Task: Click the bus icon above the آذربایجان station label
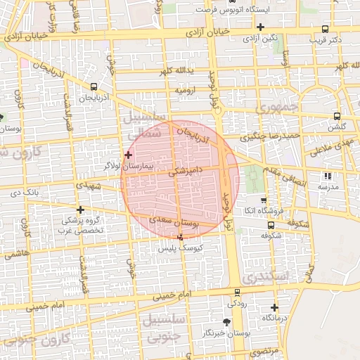pyautogui.click(x=94, y=86)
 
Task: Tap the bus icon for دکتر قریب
pyautogui.click(x=324, y=29)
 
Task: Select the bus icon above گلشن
pyautogui.click(x=337, y=116)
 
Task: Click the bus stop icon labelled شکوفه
pyautogui.click(x=271, y=226)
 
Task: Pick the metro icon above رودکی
pyautogui.click(x=236, y=292)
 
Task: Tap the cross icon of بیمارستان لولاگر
pyautogui.click(x=128, y=154)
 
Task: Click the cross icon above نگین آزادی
pyautogui.click(x=260, y=27)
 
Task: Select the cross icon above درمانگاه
pyautogui.click(x=274, y=307)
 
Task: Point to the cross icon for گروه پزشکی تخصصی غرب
pyautogui.click(x=80, y=210)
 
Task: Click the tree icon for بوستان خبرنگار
pyautogui.click(x=226, y=321)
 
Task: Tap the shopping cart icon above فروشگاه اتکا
pyautogui.click(x=256, y=200)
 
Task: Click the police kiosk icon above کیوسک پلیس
pyautogui.click(x=181, y=237)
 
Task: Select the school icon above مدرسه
pyautogui.click(x=326, y=176)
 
